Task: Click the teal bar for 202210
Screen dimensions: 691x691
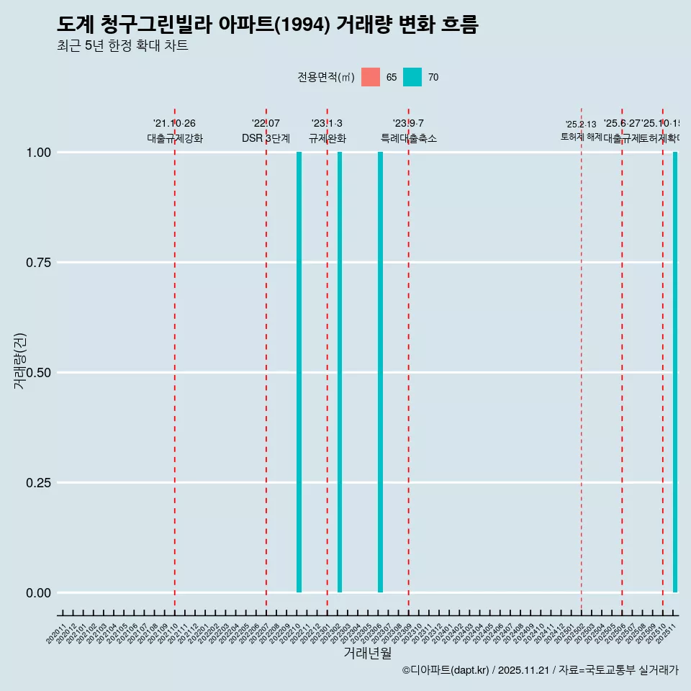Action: click(x=299, y=372)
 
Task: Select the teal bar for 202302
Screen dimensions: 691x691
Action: click(x=340, y=372)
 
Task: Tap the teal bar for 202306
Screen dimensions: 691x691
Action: click(x=380, y=372)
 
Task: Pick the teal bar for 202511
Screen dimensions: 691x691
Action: click(x=675, y=372)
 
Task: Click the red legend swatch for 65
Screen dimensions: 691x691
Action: click(x=371, y=77)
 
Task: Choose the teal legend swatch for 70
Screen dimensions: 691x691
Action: click(x=412, y=77)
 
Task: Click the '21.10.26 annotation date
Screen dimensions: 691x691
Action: click(x=174, y=124)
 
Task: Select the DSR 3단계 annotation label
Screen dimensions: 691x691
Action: click(x=266, y=138)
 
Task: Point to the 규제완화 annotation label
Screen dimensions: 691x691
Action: click(x=328, y=138)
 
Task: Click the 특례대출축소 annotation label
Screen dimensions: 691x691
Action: click(x=409, y=138)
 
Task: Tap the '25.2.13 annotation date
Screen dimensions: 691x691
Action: click(x=581, y=125)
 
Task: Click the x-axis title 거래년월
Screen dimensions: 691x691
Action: click(x=367, y=653)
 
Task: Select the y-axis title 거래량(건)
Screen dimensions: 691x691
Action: click(x=20, y=361)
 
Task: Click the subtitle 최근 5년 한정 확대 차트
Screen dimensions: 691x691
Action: click(x=122, y=46)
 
